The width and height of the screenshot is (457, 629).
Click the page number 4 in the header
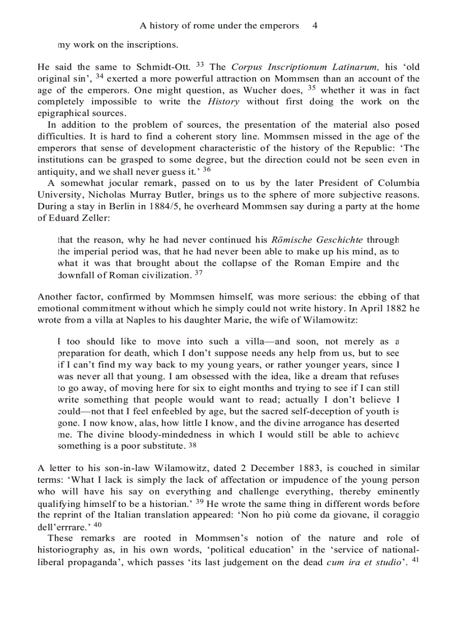coord(315,26)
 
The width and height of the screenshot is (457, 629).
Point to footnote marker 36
coord(206,169)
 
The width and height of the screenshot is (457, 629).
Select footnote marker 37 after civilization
coord(198,273)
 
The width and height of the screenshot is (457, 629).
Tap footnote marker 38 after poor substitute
coord(193,445)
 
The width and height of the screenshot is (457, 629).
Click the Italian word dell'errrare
coord(63,527)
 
